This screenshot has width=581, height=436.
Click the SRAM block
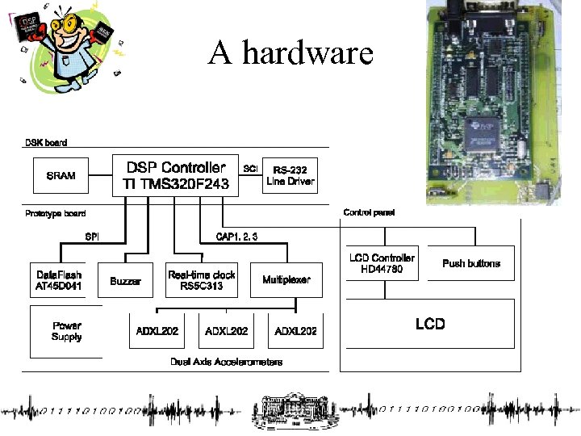click(61, 176)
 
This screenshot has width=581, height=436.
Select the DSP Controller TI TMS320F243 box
click(175, 176)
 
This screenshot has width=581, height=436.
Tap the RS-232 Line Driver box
click(290, 176)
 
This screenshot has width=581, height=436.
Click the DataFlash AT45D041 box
click(60, 280)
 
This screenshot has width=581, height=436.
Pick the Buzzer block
click(125, 280)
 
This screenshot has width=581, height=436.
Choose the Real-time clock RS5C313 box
click(201, 280)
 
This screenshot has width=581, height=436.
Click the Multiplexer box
click(286, 280)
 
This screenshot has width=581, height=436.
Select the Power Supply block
click(66, 332)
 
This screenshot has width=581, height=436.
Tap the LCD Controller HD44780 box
click(382, 263)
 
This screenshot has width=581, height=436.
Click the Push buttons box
click(471, 263)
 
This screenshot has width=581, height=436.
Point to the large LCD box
click(429, 324)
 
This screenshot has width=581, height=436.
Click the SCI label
click(250, 169)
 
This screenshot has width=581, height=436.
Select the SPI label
click(92, 237)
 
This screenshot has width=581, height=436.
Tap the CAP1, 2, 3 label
click(236, 237)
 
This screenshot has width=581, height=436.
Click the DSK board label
click(46, 143)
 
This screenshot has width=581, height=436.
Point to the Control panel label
click(369, 212)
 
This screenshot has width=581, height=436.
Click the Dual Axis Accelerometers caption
click(227, 363)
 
